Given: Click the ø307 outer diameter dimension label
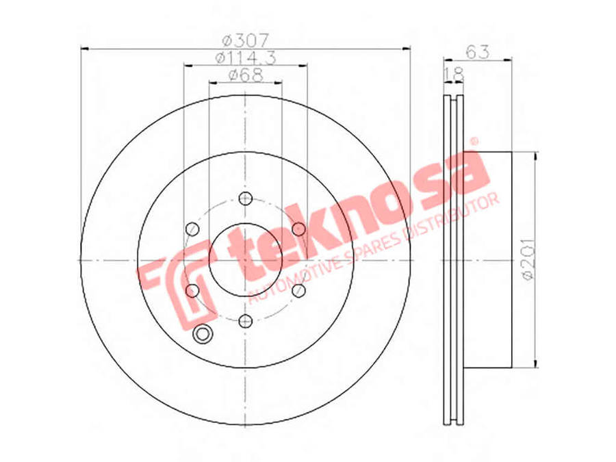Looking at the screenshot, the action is (246, 40).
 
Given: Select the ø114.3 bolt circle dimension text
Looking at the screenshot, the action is (246, 57).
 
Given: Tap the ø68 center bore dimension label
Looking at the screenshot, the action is (246, 75).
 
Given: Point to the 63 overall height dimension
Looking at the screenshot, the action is (477, 52).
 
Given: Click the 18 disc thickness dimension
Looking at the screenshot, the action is (454, 74).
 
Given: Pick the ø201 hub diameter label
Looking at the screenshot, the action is (528, 259).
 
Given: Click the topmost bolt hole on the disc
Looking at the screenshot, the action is (245, 198).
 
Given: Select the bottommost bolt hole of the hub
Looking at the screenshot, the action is (245, 322).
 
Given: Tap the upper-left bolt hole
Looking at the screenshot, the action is (192, 229).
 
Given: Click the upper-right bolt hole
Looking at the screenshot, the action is (298, 229).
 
